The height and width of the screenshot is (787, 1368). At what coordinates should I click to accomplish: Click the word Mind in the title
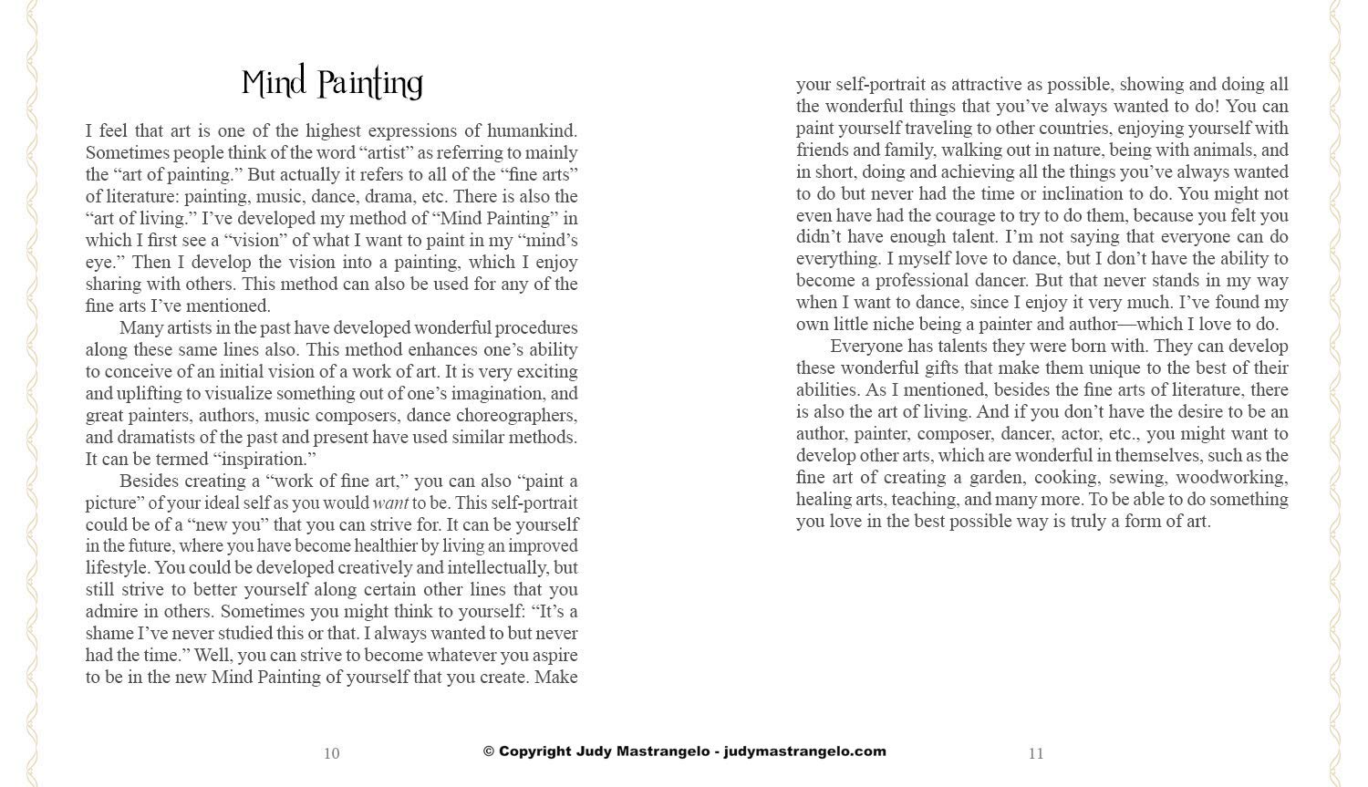coord(275,83)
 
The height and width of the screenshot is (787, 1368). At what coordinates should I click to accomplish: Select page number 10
coord(331,753)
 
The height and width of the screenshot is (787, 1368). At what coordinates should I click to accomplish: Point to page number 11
coord(1036,753)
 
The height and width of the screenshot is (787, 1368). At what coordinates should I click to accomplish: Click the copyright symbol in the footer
coord(489,751)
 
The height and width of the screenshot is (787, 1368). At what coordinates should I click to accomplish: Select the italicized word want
coord(390,502)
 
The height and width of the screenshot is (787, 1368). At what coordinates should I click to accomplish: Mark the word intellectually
coord(497,567)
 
